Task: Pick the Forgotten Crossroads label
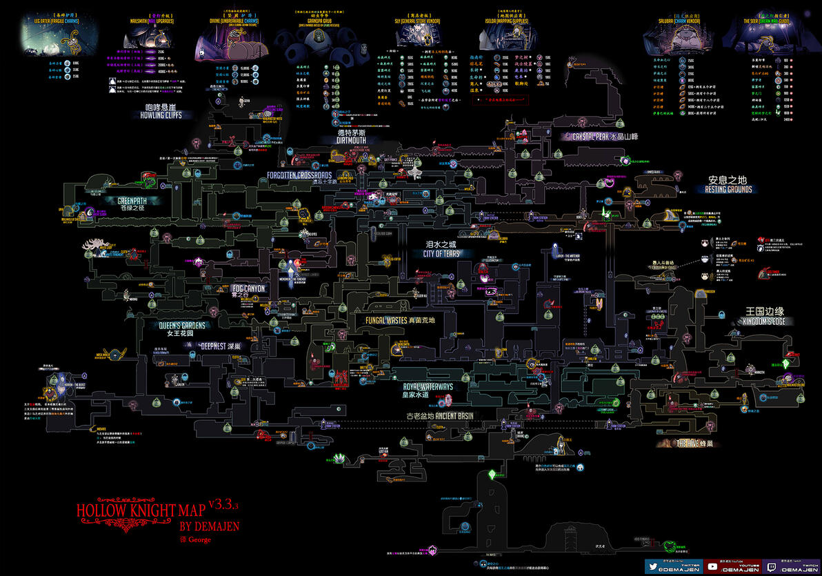pyautogui.click(x=300, y=176)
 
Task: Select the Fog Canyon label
pyautogui.click(x=249, y=288)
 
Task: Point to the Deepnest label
pyautogui.click(x=219, y=346)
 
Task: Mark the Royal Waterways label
pyautogui.click(x=428, y=388)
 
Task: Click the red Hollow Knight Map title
pyautogui.click(x=141, y=510)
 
